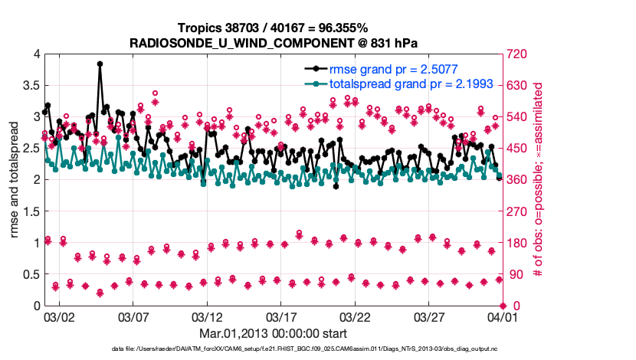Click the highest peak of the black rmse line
point(100,64)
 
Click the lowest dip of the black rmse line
point(336,186)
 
